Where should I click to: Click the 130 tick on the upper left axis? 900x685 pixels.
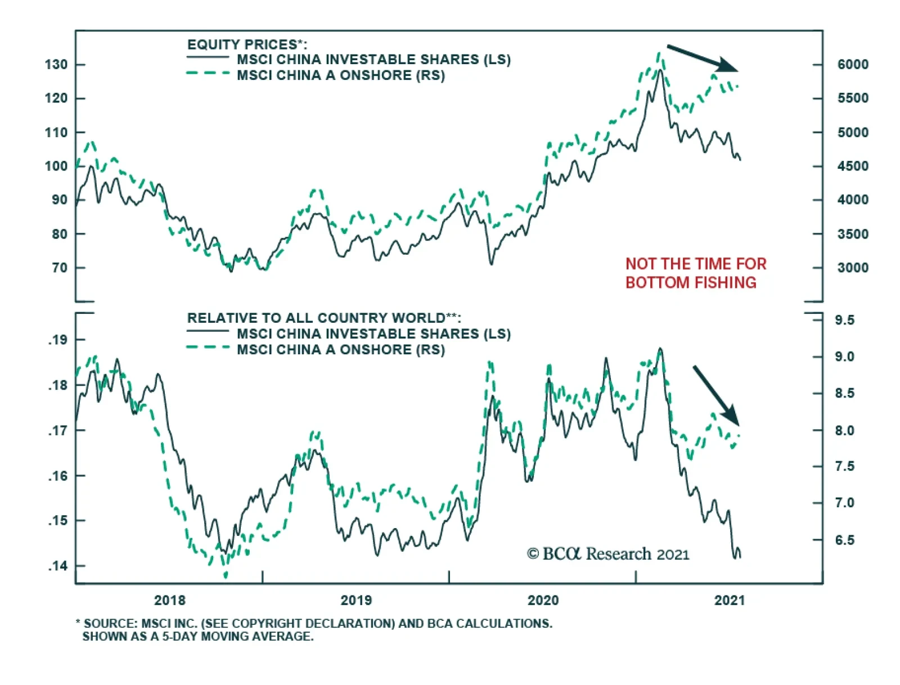[56, 65]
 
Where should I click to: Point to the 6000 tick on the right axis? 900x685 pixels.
[853, 65]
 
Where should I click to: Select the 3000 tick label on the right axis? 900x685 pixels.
[853, 268]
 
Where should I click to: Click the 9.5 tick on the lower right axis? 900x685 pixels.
[844, 320]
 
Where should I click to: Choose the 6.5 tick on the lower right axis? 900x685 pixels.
[844, 540]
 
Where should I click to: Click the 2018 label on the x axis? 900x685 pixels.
[169, 600]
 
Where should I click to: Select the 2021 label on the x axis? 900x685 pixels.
[729, 600]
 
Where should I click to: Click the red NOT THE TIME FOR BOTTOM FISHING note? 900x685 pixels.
[696, 273]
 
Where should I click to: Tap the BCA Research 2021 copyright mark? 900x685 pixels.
[607, 554]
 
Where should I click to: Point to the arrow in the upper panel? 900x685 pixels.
[702, 58]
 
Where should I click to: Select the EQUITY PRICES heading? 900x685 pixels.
[247, 44]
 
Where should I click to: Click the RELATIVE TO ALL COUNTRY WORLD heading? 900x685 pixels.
[324, 318]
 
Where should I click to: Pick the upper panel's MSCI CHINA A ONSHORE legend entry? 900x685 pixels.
[340, 75]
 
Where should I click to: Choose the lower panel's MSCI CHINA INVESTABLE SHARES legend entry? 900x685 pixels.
[373, 334]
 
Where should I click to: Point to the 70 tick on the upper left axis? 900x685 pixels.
[59, 268]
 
